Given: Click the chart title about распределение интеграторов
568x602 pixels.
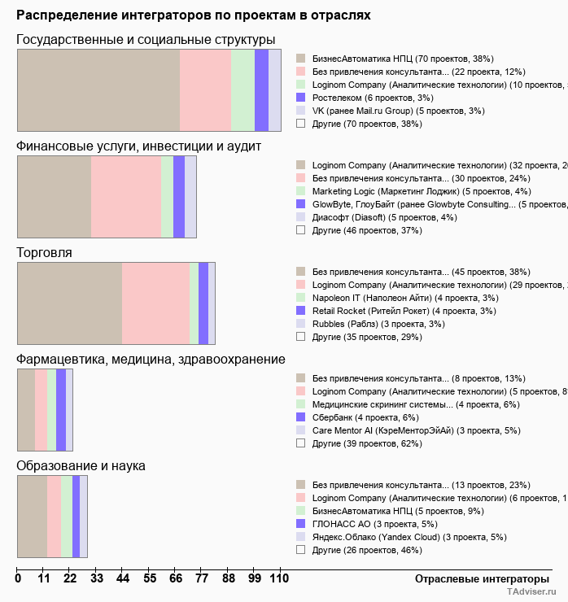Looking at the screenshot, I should [193, 15].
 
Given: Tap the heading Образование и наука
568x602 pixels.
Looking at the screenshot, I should [81, 466].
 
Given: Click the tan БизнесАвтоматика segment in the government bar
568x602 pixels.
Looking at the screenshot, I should [98, 89].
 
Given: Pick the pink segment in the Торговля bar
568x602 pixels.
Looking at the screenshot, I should [155, 303].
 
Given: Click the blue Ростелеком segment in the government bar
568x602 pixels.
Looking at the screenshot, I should [261, 89].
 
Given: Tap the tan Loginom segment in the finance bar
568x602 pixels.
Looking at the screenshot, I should [54, 197].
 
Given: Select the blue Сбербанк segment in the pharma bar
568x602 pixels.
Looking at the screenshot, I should [61, 410].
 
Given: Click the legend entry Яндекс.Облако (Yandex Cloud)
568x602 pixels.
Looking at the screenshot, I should [409, 537].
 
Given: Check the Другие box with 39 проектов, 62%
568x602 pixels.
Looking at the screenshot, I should [300, 443].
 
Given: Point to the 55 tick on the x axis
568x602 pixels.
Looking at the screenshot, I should [149, 579].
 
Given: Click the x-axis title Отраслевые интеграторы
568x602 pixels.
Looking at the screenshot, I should [476, 578].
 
